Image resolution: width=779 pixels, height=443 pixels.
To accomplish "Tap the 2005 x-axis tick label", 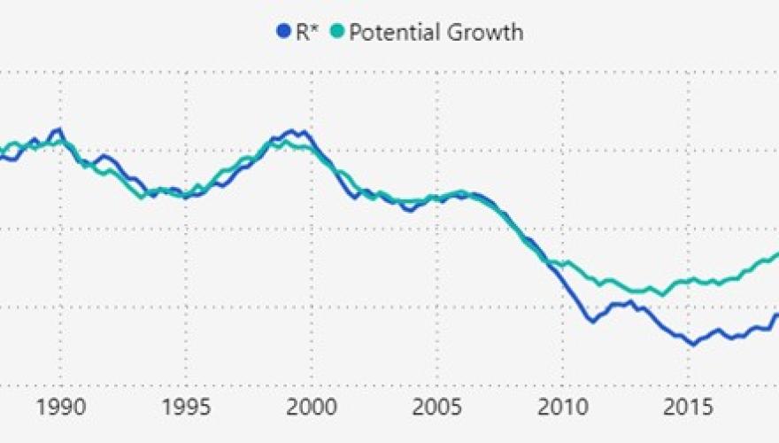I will tap(437, 409).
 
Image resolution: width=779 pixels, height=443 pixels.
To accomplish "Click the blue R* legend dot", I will tap(283, 33).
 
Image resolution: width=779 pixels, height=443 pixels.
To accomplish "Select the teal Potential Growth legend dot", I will tap(336, 33).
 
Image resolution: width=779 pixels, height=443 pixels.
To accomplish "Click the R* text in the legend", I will tap(306, 33).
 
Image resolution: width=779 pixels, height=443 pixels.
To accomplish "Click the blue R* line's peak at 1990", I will tap(58, 129).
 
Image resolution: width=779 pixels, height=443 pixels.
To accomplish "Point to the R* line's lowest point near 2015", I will tap(693, 344).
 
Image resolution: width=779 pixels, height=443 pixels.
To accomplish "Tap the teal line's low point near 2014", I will tap(661, 295).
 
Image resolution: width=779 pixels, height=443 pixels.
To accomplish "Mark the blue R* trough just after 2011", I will tap(591, 321).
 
